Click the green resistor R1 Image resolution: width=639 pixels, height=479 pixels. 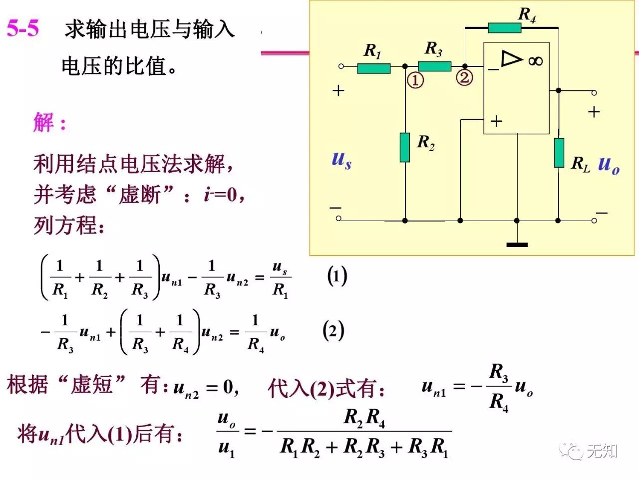tap(373, 68)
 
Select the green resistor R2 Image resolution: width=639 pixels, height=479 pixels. tap(405, 147)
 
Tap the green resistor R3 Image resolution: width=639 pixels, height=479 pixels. tap(434, 66)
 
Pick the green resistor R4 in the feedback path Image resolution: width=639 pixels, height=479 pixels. tap(504, 28)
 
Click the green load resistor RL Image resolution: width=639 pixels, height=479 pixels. tap(559, 153)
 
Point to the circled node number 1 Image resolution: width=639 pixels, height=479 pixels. tap(415, 80)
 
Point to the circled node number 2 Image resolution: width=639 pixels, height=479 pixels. tap(464, 77)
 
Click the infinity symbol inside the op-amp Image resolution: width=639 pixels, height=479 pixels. tap(535, 61)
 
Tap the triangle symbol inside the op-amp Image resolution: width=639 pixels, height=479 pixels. tap(511, 58)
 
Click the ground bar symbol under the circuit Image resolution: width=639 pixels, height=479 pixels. tap(517, 244)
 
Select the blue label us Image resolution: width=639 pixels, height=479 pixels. tap(341, 160)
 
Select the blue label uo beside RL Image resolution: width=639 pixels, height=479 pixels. tap(609, 164)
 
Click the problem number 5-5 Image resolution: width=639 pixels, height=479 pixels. tap(23, 28)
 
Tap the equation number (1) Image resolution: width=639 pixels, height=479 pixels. tap(337, 276)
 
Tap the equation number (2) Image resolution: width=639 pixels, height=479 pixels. tap(333, 330)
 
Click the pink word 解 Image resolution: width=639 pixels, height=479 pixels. tap(43, 122)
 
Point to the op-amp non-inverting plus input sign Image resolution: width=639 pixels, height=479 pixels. tap(496, 121)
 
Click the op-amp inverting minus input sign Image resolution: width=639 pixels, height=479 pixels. tap(493, 70)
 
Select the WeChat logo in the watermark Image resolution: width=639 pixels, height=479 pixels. tap(571, 451)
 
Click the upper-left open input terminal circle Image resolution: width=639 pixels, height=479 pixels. tap(341, 66)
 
